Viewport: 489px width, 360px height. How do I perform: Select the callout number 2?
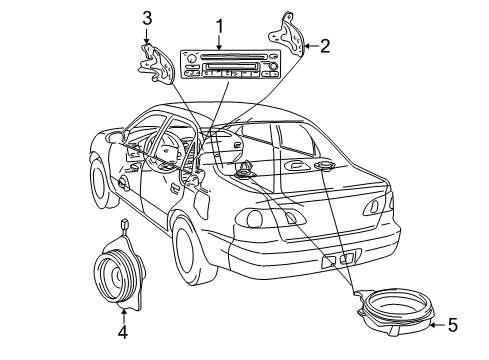pyautogui.click(x=325, y=45)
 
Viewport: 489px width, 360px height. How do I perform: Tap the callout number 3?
pyautogui.click(x=146, y=18)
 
